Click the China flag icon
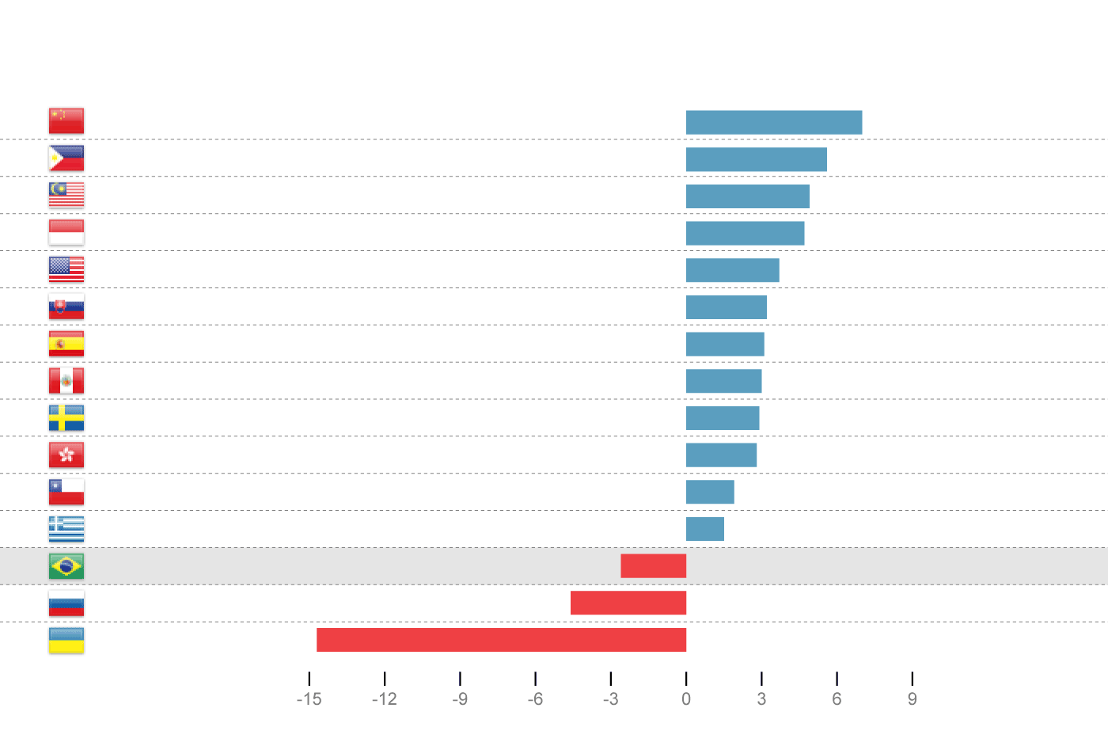click(66, 121)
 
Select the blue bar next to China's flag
click(773, 123)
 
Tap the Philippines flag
click(66, 158)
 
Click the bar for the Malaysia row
click(747, 196)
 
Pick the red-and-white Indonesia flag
click(66, 232)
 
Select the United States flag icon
click(66, 269)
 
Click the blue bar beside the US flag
click(732, 270)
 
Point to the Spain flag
click(66, 344)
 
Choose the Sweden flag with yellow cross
click(66, 417)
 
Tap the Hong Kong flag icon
click(66, 455)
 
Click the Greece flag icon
click(66, 528)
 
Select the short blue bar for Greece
click(704, 529)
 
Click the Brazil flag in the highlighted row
click(66, 566)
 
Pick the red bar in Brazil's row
click(653, 566)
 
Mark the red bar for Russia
click(628, 603)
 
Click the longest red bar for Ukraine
click(501, 640)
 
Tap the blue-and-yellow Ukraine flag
click(66, 640)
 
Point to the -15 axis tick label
click(309, 699)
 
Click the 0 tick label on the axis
click(686, 699)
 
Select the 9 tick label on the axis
click(912, 699)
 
